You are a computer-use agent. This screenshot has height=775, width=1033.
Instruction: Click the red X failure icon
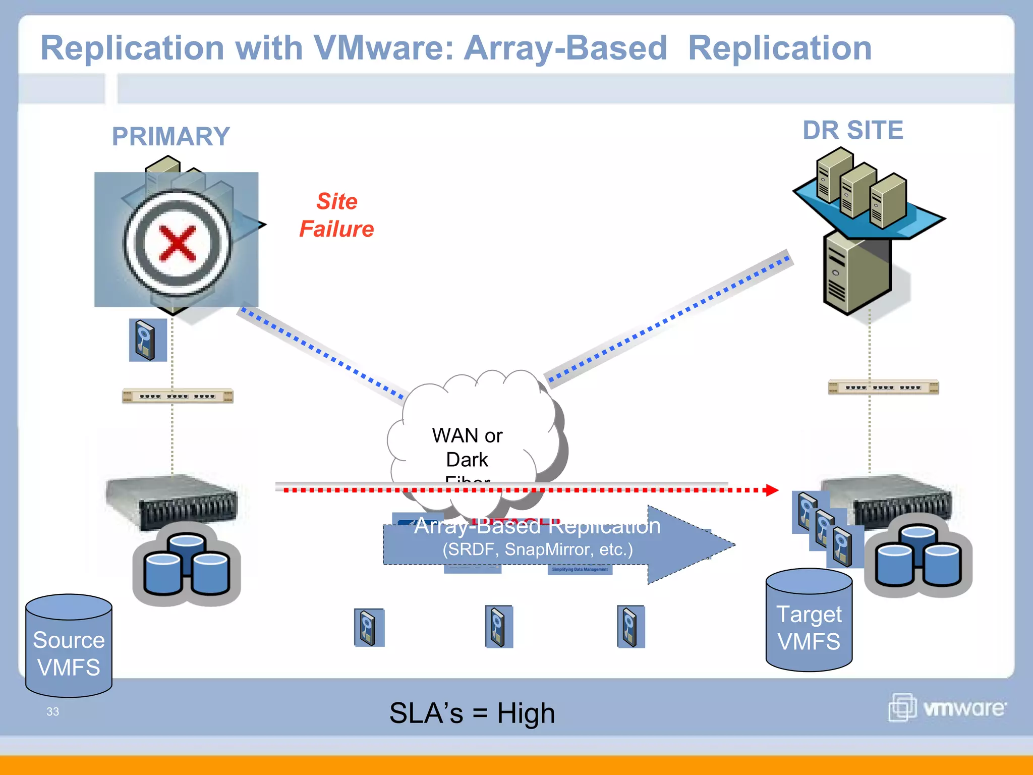(177, 244)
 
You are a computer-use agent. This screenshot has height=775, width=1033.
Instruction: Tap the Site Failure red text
(336, 215)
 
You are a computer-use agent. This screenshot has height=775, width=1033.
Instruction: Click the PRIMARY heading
(171, 137)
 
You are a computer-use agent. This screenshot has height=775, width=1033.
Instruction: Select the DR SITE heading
(852, 130)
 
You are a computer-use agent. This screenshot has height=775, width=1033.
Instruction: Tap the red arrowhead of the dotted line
(772, 490)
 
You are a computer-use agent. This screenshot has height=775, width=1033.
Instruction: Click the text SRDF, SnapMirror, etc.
(537, 549)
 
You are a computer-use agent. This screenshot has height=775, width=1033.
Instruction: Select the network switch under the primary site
(178, 396)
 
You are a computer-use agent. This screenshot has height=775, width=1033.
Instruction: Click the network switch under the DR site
(883, 387)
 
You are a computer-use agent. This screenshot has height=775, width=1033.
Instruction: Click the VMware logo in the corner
(947, 707)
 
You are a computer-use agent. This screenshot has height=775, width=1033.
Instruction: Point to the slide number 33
(52, 711)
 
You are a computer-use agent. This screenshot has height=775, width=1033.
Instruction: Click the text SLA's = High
(472, 713)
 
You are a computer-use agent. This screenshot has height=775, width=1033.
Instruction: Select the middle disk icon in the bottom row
(498, 627)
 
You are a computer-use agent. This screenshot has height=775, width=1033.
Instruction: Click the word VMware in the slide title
(383, 48)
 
